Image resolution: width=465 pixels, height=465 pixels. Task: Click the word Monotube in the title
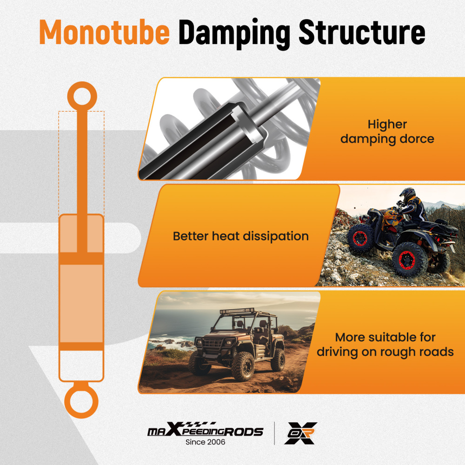[104, 32]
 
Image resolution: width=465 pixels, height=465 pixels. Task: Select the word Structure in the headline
[362, 32]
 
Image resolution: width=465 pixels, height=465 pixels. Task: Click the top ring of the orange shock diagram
[82, 97]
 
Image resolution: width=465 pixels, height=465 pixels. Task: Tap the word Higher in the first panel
[387, 125]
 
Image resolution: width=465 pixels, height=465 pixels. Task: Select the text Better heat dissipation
[241, 236]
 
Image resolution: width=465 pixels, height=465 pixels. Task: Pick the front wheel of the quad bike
[361, 238]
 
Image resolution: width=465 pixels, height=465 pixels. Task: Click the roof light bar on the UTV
[237, 311]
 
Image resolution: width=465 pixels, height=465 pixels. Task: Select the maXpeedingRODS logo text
[205, 429]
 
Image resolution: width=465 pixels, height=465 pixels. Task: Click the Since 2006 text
[205, 442]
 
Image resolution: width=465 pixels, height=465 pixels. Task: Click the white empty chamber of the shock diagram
[81, 365]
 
